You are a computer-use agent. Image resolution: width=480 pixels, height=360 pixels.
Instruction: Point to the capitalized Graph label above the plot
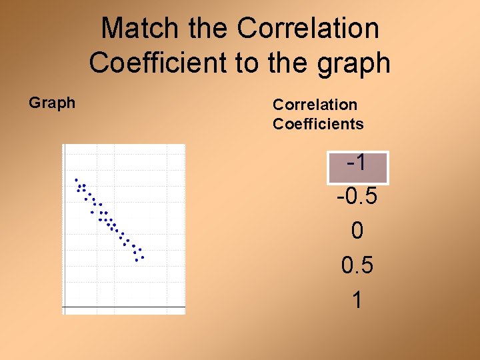click(x=52, y=103)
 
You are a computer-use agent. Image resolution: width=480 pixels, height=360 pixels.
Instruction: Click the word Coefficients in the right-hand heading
click(x=318, y=124)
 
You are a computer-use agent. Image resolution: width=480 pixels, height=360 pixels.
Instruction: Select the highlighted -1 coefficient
click(x=357, y=163)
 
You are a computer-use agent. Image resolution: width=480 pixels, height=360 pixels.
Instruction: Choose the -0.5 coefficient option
click(x=357, y=197)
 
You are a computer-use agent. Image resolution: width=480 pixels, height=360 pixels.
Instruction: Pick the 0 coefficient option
click(x=357, y=232)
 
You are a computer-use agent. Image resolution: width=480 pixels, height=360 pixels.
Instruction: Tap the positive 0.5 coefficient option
click(x=357, y=266)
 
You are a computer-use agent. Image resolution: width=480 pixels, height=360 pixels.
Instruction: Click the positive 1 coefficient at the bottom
click(x=357, y=301)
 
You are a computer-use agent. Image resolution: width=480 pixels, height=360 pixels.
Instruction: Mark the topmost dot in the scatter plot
click(x=77, y=179)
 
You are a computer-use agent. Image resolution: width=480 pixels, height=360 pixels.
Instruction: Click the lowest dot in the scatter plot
click(x=137, y=261)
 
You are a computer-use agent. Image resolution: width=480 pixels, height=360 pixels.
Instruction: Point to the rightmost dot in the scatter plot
click(x=142, y=257)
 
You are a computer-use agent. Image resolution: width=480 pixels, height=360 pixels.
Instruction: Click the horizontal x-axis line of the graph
click(x=124, y=307)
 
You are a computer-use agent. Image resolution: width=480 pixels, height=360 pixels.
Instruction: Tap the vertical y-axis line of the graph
click(x=63, y=227)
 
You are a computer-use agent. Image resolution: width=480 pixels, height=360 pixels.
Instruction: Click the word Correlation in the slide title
click(x=308, y=29)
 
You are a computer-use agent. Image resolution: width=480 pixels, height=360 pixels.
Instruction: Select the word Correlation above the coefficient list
click(x=315, y=105)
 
